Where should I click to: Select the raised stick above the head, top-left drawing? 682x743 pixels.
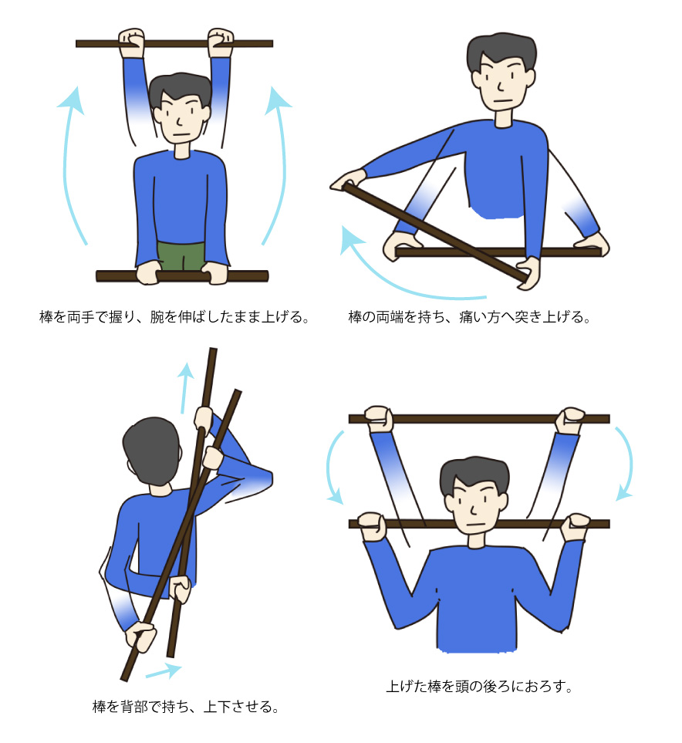click(174, 44)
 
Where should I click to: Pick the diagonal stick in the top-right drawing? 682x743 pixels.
click(434, 233)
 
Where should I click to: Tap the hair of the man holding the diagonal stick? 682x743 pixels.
click(501, 52)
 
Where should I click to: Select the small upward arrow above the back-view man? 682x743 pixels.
click(186, 387)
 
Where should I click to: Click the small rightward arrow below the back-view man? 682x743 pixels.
click(164, 671)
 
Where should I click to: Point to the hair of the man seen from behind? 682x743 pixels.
click(151, 451)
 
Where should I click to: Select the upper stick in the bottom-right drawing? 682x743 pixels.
click(478, 419)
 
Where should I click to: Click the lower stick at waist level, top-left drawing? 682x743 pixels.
click(183, 275)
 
